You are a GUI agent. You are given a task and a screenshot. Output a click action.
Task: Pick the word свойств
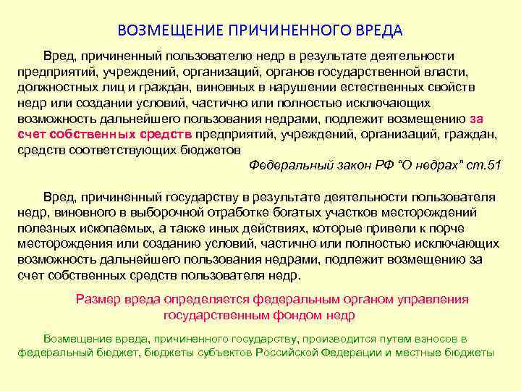pyautogui.click(x=473, y=87)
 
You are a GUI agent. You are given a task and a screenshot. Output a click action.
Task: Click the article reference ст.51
pyautogui.click(x=482, y=165)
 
